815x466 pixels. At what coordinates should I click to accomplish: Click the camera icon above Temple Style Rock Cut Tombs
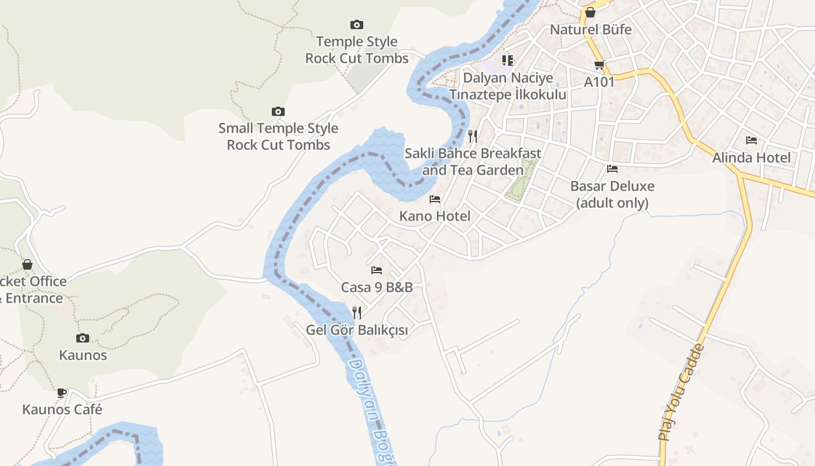point(357,24)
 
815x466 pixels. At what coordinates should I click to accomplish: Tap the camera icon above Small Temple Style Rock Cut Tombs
point(278,111)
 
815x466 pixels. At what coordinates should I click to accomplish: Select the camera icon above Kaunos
point(83,338)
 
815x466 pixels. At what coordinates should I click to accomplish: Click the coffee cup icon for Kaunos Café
point(62,392)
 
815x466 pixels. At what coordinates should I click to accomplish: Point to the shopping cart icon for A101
point(599,65)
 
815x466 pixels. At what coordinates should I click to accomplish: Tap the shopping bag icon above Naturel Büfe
point(590,12)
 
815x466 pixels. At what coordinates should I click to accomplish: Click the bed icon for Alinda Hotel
point(752,140)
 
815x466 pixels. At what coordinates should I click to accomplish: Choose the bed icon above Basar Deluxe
point(612,169)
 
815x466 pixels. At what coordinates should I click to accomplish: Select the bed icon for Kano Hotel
point(435,199)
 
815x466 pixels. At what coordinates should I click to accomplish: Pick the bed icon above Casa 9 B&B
point(377,270)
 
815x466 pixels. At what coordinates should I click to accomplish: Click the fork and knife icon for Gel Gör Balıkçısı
point(357,313)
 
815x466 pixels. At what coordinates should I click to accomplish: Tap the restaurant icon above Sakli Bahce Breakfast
point(473,136)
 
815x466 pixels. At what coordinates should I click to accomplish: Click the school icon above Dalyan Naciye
point(508,60)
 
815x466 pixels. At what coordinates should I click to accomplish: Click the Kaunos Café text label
point(62,409)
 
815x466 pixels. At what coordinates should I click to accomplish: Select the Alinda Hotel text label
point(752,158)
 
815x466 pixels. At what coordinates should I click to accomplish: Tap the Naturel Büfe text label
point(590,30)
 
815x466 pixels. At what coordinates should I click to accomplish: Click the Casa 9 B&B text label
point(377,287)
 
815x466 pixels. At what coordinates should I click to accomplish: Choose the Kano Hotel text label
point(435,216)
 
